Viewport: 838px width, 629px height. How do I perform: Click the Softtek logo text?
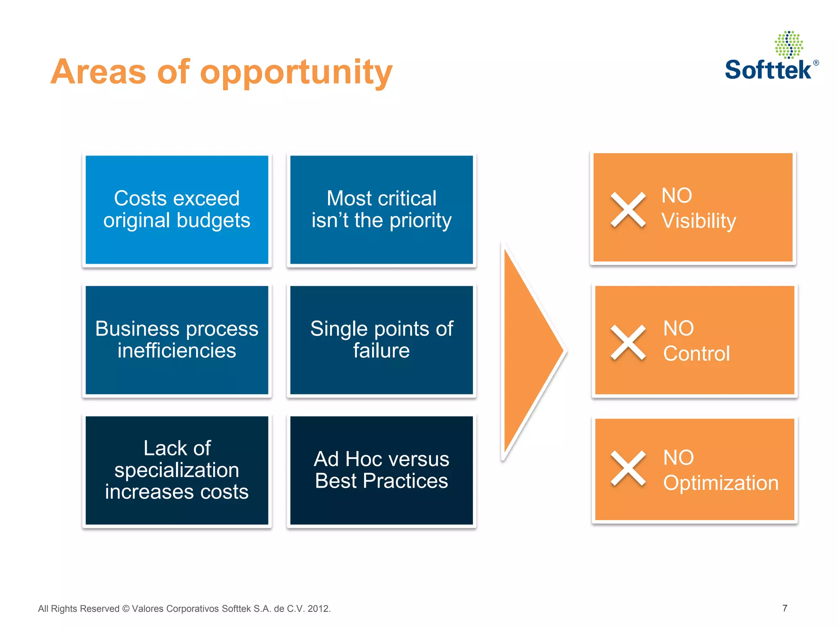tap(768, 70)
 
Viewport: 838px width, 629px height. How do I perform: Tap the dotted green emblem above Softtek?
tap(789, 45)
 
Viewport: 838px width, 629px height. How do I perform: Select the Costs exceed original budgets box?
tap(177, 210)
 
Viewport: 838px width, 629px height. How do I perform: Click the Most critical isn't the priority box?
tap(381, 210)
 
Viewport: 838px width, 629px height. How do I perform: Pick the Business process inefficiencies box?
tap(177, 340)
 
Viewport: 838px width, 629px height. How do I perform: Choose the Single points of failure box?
tap(381, 340)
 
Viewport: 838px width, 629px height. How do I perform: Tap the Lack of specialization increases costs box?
tap(177, 470)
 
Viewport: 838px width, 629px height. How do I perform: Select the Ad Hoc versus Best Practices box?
tap(381, 470)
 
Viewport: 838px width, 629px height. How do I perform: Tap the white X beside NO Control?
tap(628, 342)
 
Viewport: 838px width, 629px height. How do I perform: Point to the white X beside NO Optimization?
tap(628, 468)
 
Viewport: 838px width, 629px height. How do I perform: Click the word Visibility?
tap(698, 221)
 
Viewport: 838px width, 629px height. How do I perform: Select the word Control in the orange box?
tap(696, 353)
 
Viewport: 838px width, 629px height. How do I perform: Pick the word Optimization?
tap(721, 483)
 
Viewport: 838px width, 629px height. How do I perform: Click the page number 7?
tap(784, 608)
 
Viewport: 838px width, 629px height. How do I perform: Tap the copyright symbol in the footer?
tap(126, 609)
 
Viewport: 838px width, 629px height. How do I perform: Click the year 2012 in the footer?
tap(318, 609)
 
